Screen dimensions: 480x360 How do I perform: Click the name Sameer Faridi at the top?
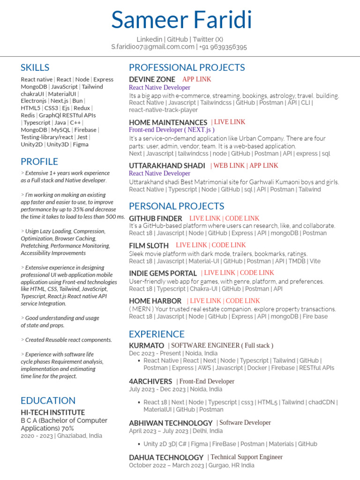pyautogui.click(x=181, y=20)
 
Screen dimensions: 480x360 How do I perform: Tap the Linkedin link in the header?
pyautogui.click(x=150, y=39)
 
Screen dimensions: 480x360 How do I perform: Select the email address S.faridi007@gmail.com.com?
pyautogui.click(x=152, y=47)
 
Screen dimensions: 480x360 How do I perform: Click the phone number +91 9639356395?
pyautogui.click(x=224, y=47)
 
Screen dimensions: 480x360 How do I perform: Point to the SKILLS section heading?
pyautogui.click(x=35, y=67)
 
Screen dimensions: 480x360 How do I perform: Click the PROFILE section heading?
pyautogui.click(x=39, y=162)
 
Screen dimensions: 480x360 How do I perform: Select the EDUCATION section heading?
pyautogui.click(x=48, y=400)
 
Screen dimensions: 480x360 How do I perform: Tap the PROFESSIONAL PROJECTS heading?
pyautogui.click(x=187, y=67)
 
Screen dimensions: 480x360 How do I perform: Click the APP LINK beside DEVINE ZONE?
pyautogui.click(x=197, y=79)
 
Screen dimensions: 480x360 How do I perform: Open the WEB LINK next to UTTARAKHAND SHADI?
pyautogui.click(x=229, y=165)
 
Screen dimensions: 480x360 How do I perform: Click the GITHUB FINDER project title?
pyautogui.click(x=155, y=218)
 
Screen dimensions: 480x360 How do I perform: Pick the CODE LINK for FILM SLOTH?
pyautogui.click(x=229, y=245)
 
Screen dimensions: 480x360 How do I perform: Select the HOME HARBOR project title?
pyautogui.click(x=155, y=301)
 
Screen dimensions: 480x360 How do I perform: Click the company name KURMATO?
pyautogui.click(x=146, y=345)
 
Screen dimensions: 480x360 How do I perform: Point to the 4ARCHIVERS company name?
pyautogui.click(x=150, y=382)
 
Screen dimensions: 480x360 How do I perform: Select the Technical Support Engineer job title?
pyautogui.click(x=247, y=457)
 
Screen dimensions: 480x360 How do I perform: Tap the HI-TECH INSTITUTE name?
pyautogui.click(x=52, y=412)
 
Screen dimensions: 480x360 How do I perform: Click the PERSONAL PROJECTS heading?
pyautogui.click(x=176, y=206)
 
